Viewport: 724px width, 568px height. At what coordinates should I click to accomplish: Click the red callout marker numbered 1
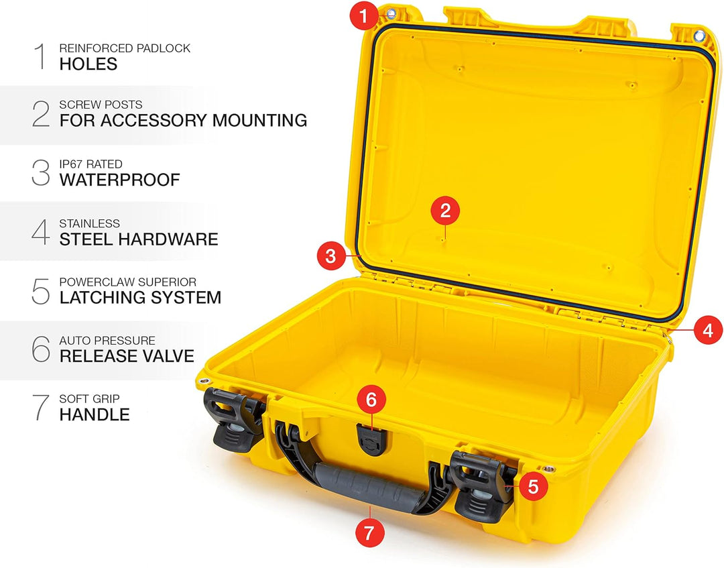[365, 15]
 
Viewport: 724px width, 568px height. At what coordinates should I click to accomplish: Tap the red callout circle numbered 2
[445, 211]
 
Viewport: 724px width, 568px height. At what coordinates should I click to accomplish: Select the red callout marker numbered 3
[330, 255]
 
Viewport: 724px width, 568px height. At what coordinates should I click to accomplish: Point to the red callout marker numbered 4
[708, 330]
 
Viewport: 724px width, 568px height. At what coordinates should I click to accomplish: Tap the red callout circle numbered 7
[369, 534]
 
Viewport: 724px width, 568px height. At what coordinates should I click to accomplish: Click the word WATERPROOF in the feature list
[119, 180]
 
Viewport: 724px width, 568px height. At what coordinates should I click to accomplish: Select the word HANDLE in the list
[95, 414]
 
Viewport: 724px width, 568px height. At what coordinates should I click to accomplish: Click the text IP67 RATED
[90, 164]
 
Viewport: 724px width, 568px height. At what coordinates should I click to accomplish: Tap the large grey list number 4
[41, 231]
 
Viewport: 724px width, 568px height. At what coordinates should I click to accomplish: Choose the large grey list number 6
[41, 349]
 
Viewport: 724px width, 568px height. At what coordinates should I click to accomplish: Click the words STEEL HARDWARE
[139, 239]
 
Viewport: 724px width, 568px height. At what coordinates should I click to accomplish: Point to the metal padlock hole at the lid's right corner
[699, 35]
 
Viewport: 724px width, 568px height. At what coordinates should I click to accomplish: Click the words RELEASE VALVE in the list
[127, 355]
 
